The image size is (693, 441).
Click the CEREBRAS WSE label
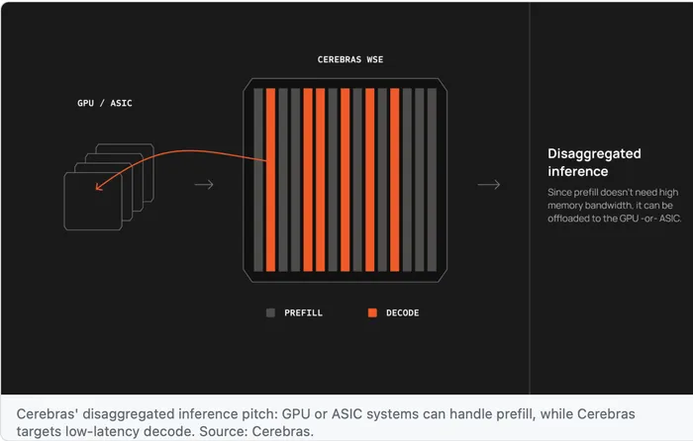350,59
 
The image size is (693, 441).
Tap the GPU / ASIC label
104,103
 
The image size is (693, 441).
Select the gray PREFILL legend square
270,313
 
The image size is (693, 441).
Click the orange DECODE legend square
372,313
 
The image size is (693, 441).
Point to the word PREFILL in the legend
303,313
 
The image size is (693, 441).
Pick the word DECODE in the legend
402,313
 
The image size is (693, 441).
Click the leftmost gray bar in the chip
258,180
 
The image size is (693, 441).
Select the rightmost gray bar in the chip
432,180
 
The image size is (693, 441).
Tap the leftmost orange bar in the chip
271,180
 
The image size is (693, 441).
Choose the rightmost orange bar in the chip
395,180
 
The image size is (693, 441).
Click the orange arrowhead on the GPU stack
99,187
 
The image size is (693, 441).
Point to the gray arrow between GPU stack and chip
204,185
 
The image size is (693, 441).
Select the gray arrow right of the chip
489,185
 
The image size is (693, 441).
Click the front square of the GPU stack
64,202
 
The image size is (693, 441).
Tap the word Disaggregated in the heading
594,153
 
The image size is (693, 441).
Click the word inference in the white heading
577,171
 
